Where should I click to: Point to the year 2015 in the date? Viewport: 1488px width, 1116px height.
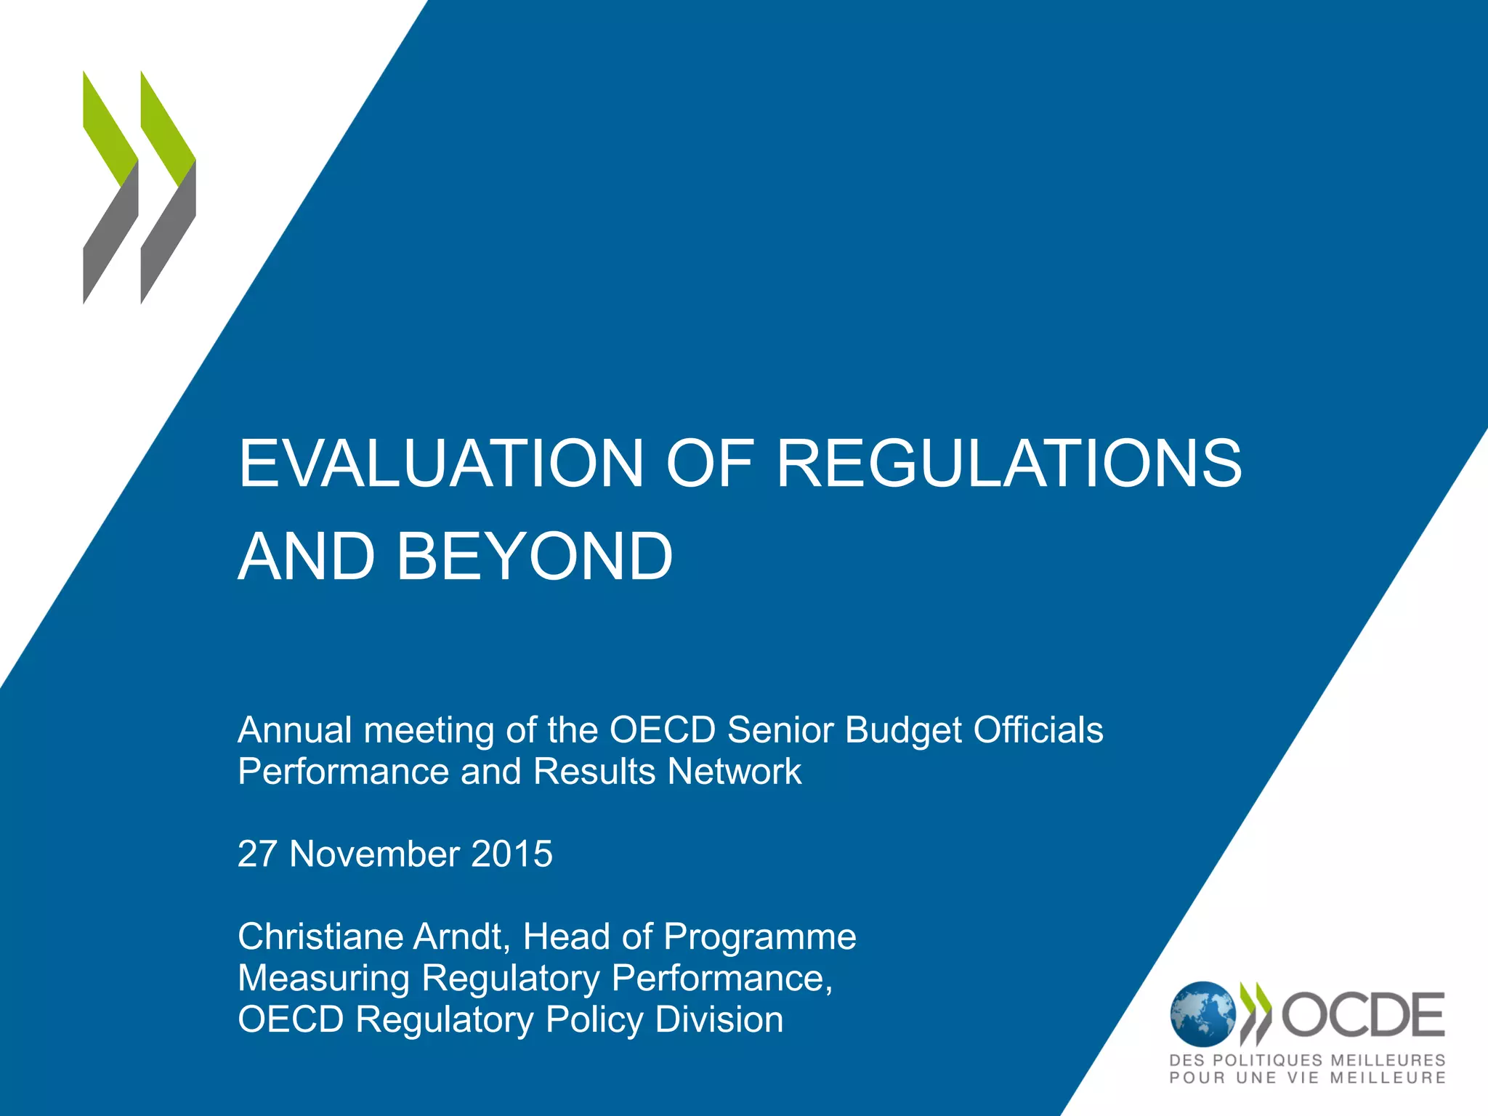tap(511, 854)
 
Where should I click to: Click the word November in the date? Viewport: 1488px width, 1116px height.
tap(373, 854)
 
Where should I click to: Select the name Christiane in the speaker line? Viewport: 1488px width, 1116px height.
tap(320, 937)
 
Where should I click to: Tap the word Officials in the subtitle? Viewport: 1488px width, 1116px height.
tap(1038, 730)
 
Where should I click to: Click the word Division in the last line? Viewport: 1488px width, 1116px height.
tap(719, 1019)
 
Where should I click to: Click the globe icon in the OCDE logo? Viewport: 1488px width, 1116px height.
tap(1202, 1015)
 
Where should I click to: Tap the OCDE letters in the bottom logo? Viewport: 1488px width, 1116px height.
tap(1363, 1015)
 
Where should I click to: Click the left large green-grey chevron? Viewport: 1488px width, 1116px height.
tap(110, 187)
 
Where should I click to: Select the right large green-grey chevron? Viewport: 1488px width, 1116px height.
tap(168, 187)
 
